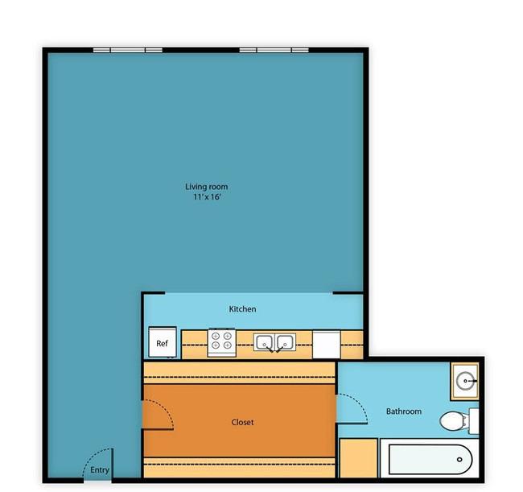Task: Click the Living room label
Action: click(x=207, y=187)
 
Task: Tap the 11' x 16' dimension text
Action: click(x=207, y=197)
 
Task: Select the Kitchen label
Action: click(x=242, y=309)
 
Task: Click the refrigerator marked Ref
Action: click(x=163, y=341)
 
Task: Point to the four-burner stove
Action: click(x=222, y=342)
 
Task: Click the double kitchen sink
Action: click(x=274, y=342)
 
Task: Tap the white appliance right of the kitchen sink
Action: click(x=326, y=345)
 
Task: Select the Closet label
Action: click(x=242, y=422)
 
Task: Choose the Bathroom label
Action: click(x=404, y=411)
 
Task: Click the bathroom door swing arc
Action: click(x=360, y=402)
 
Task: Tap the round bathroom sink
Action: click(x=465, y=381)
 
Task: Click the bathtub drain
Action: click(x=459, y=460)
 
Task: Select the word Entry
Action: click(x=100, y=470)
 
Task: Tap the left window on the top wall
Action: click(x=128, y=50)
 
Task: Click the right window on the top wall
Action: click(x=274, y=50)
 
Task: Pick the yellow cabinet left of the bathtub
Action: click(x=359, y=458)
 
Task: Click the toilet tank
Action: click(x=474, y=420)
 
